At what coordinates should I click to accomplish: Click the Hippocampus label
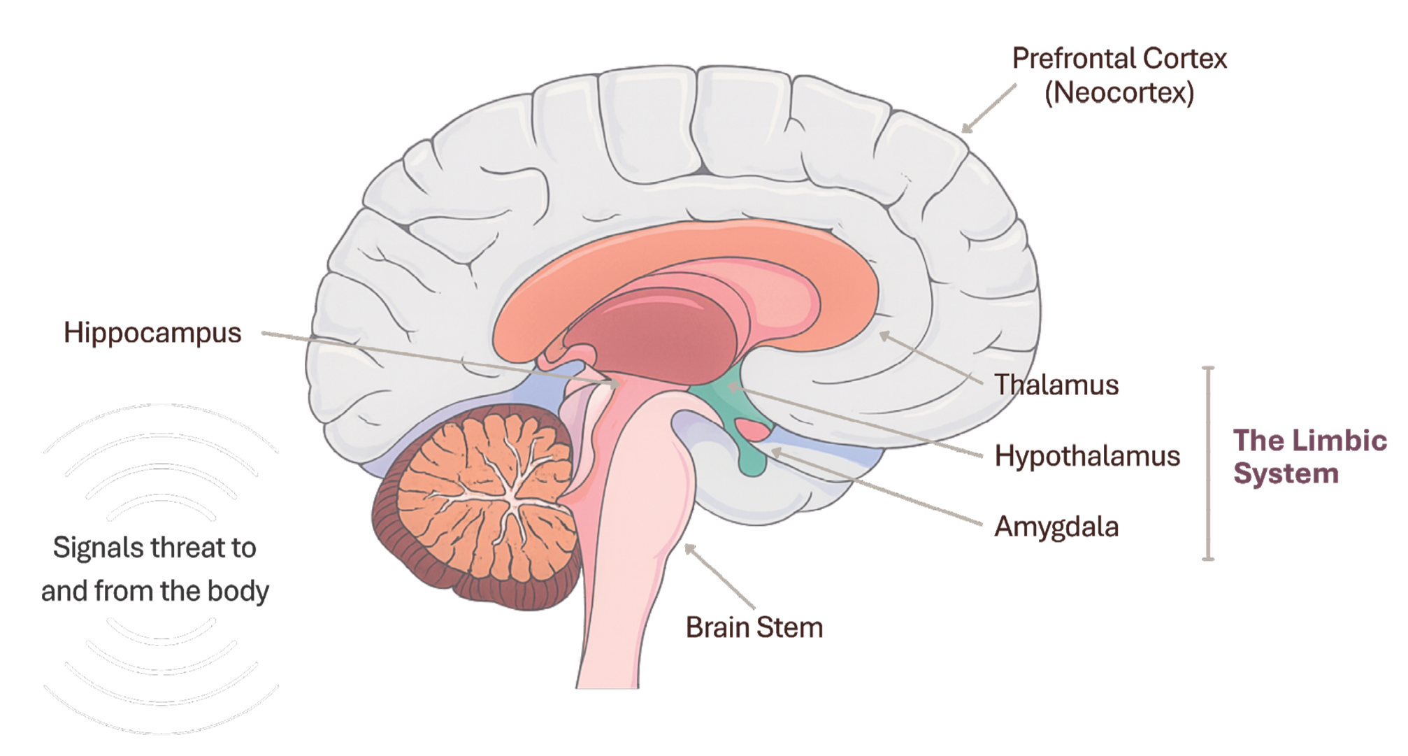152,333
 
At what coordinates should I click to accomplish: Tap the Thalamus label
1056,385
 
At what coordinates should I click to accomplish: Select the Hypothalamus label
1087,456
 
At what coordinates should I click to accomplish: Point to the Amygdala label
1056,527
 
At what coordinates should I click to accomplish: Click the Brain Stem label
754,627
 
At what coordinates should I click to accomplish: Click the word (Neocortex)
1119,92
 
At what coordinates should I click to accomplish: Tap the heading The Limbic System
1309,457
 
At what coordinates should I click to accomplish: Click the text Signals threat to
155,548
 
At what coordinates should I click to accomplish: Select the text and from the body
155,591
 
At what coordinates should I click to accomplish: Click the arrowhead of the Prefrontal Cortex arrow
965,129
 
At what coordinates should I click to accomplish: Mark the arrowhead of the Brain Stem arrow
689,548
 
